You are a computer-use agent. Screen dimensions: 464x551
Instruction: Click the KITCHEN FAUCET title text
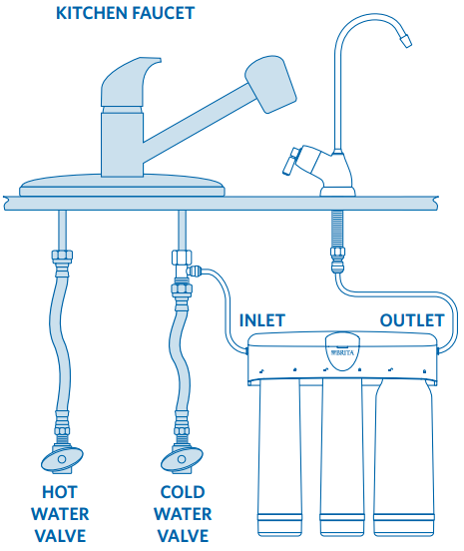[125, 13]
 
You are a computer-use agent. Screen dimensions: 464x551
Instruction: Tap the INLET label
[262, 320]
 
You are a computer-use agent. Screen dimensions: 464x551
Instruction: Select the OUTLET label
[412, 320]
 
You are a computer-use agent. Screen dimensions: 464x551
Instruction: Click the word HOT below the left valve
[59, 492]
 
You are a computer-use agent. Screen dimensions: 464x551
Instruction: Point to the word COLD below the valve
[183, 492]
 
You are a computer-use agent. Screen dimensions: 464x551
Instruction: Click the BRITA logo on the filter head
[342, 352]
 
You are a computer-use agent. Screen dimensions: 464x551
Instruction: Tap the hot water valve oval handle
[62, 459]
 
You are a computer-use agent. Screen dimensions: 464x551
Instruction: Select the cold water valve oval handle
[182, 459]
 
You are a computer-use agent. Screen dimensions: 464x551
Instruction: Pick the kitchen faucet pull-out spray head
[270, 84]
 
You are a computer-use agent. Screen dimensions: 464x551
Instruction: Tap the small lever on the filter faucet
[290, 162]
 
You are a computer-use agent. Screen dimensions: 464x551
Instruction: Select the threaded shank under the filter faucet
[337, 229]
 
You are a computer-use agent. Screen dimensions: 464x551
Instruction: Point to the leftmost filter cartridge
[280, 457]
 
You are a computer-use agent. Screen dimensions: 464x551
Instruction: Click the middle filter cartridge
[342, 457]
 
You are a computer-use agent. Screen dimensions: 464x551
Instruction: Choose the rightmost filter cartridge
[404, 457]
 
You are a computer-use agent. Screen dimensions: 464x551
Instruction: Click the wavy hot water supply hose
[60, 344]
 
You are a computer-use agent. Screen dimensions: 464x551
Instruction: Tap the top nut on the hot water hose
[62, 256]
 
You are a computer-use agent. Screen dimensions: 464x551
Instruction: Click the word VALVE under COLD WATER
[183, 536]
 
